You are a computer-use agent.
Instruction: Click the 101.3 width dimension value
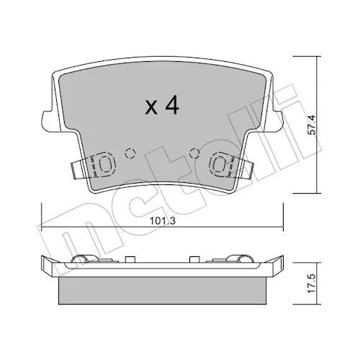click(x=163, y=221)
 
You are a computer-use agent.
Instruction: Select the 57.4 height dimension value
click(x=312, y=125)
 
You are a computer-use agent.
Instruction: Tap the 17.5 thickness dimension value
click(x=312, y=284)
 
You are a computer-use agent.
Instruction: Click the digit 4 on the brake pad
click(x=172, y=105)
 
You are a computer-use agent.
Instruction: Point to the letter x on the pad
click(x=151, y=108)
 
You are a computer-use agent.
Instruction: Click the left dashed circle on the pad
click(x=130, y=153)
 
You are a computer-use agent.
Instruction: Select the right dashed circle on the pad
click(x=194, y=153)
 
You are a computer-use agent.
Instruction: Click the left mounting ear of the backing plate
click(x=50, y=121)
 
